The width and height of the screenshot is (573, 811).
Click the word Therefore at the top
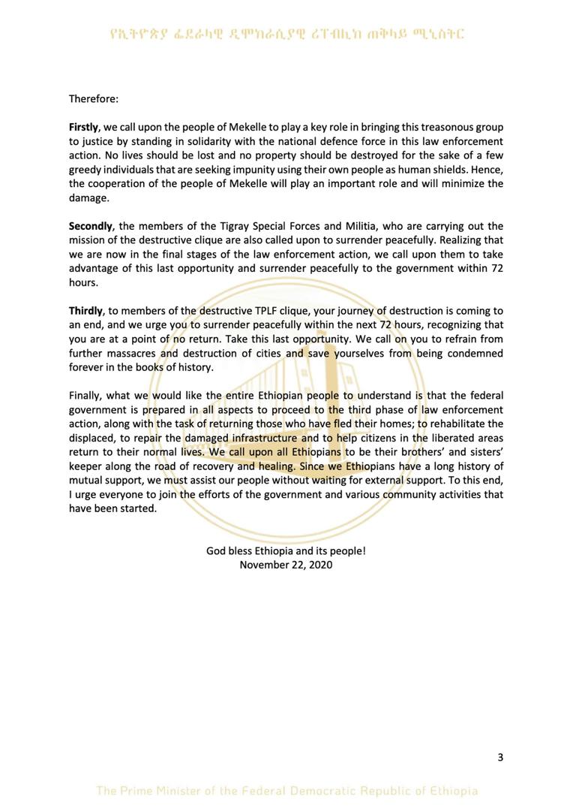(x=94, y=98)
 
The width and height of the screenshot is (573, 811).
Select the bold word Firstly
(x=83, y=127)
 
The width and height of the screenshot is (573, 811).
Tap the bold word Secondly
(x=91, y=226)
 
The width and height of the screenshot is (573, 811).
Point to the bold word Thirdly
(x=85, y=311)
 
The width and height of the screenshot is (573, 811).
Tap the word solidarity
(x=232, y=141)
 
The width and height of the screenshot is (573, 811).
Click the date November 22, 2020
(x=286, y=565)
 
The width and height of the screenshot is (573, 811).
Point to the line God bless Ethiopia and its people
(x=286, y=550)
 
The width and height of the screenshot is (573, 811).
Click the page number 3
(x=500, y=757)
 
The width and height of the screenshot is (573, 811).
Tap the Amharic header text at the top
(x=286, y=33)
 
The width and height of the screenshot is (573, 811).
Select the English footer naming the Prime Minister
(x=286, y=791)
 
